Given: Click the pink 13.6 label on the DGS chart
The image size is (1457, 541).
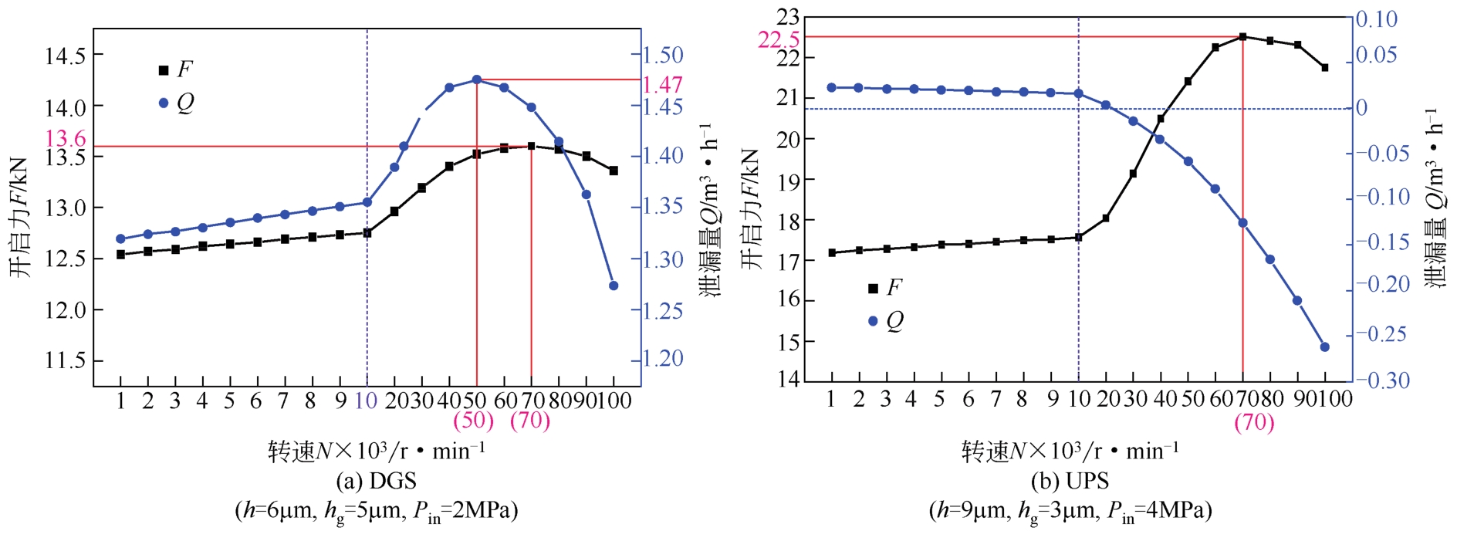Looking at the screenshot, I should tap(66, 139).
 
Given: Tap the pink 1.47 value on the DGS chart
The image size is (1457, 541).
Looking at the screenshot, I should tap(663, 85).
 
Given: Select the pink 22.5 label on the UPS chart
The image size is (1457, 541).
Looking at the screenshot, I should tap(778, 40).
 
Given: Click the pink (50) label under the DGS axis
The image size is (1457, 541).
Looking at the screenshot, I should tap(473, 421).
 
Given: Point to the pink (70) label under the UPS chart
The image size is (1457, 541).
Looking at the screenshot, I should tap(1254, 422).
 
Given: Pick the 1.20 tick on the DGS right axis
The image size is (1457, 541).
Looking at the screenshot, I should tap(663, 358).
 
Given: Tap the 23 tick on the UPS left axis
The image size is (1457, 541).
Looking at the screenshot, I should tap(789, 17).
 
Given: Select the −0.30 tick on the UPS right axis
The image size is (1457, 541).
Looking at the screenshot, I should tap(1383, 380).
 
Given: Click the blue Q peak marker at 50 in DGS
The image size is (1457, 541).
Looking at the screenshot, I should tap(477, 79).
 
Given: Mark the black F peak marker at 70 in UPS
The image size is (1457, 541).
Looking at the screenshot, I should tap(1243, 36).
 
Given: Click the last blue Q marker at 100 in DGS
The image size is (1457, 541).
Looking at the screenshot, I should tap(614, 286).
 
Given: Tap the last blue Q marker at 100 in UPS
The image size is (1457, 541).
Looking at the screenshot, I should tap(1325, 347).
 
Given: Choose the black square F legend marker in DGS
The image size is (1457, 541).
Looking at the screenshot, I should tap(164, 70).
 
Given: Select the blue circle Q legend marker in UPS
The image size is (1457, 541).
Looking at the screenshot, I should tap(873, 321).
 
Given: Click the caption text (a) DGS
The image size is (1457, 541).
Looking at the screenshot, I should tap(376, 482).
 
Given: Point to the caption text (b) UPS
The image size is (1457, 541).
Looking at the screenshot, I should tap(1070, 482).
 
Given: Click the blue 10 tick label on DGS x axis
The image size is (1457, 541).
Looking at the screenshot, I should tap(366, 401).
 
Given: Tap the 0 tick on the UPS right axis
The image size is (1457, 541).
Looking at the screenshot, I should tap(1362, 108).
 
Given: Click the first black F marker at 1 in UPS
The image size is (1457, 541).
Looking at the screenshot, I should tap(832, 252).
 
